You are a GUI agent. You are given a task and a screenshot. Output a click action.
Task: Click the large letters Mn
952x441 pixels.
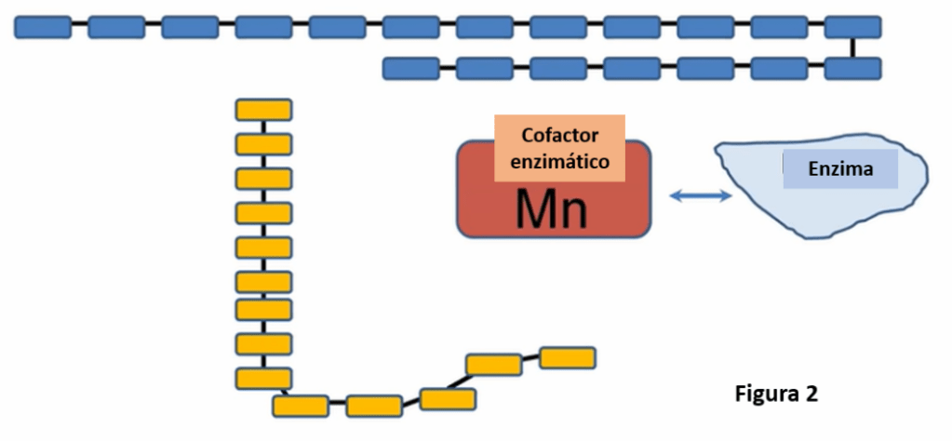pyautogui.click(x=552, y=210)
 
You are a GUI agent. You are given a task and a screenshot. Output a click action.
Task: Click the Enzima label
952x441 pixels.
pyautogui.click(x=839, y=170)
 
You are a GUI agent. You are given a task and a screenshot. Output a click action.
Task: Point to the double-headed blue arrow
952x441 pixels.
pyautogui.click(x=701, y=195)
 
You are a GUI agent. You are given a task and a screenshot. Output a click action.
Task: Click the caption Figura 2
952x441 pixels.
pyautogui.click(x=776, y=394)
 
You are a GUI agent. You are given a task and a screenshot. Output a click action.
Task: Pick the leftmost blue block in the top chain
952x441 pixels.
pyautogui.click(x=43, y=27)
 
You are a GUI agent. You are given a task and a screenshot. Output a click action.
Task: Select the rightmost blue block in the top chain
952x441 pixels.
pyautogui.click(x=852, y=27)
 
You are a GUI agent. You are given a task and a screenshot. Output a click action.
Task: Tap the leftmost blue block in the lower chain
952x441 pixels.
pyautogui.click(x=410, y=68)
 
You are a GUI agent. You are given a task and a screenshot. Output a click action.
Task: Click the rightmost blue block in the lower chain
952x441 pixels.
pyautogui.click(x=852, y=68)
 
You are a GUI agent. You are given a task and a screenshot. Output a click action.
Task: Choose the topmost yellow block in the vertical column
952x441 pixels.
pyautogui.click(x=263, y=110)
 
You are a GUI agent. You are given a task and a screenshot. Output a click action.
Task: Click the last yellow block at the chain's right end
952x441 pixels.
pyautogui.click(x=567, y=357)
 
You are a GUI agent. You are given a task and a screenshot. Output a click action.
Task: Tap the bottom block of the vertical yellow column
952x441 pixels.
pyautogui.click(x=263, y=379)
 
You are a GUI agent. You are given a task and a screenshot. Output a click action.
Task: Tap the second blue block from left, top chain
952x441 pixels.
pyautogui.click(x=116, y=27)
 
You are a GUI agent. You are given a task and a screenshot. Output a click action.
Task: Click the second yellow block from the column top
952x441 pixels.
pyautogui.click(x=263, y=144)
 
